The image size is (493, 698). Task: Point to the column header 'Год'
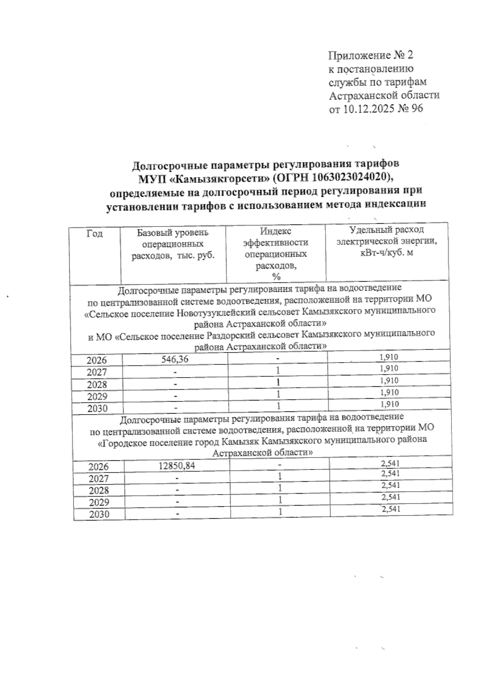pyautogui.click(x=94, y=233)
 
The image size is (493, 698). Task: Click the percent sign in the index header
pyautogui.click(x=276, y=277)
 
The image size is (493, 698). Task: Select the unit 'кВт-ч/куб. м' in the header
pyautogui.click(x=386, y=253)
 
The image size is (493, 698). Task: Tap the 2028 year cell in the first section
pyautogui.click(x=97, y=385)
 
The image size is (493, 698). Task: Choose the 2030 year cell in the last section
pyautogui.click(x=99, y=514)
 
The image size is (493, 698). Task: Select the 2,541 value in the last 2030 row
pyautogui.click(x=391, y=509)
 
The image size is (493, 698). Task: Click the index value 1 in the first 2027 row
pyautogui.click(x=278, y=370)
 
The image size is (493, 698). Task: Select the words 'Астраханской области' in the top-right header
pyautogui.click(x=385, y=95)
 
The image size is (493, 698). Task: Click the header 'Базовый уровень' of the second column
pyautogui.click(x=173, y=233)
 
